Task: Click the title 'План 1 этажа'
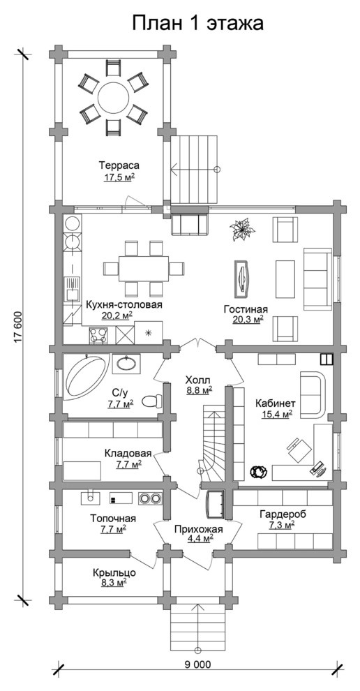pyautogui.click(x=198, y=23)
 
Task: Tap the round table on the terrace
pyautogui.click(x=113, y=98)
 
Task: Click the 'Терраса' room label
pyautogui.click(x=119, y=165)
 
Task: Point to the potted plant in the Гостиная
pyautogui.click(x=241, y=230)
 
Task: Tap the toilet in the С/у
pyautogui.click(x=151, y=401)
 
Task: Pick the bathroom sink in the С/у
pyautogui.click(x=126, y=364)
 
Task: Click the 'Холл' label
pyautogui.click(x=198, y=380)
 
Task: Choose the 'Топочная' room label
pyautogui.click(x=113, y=518)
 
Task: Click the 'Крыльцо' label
pyautogui.click(x=114, y=573)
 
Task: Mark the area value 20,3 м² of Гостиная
pyautogui.click(x=248, y=320)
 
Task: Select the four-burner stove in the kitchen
pyautogui.click(x=98, y=335)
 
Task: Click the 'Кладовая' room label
pyautogui.click(x=128, y=453)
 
